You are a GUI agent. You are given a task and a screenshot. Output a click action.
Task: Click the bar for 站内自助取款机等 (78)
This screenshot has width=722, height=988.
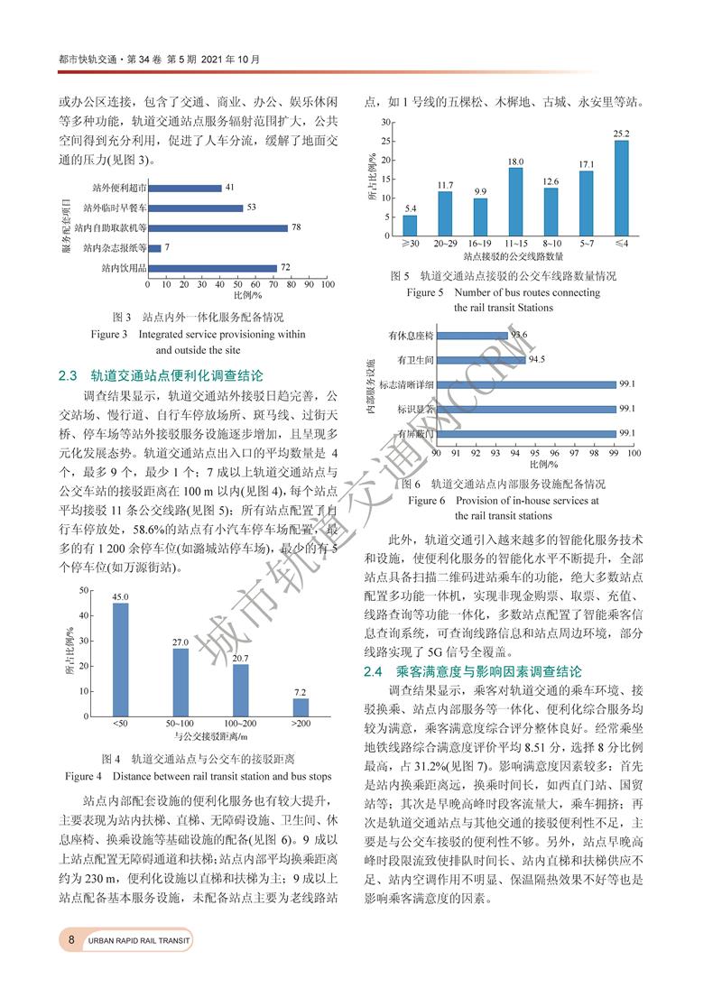pos(218,227)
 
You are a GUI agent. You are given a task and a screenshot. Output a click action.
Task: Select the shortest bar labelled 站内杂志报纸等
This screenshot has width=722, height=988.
pos(154,247)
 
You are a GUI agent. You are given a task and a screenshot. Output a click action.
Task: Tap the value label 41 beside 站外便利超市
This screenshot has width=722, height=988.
pos(230,188)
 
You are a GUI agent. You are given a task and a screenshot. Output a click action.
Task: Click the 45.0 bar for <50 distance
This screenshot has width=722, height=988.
pos(120,661)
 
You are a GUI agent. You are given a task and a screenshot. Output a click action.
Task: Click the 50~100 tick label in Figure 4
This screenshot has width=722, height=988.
pos(180,724)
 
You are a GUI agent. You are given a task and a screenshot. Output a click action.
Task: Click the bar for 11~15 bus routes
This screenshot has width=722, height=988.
pos(515,197)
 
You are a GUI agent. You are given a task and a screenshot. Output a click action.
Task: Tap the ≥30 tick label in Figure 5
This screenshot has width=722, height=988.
pos(410,243)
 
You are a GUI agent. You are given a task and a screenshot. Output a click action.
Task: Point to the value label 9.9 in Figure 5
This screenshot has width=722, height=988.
pos(480,192)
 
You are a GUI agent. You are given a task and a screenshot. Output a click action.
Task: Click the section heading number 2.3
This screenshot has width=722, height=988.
pos(69,374)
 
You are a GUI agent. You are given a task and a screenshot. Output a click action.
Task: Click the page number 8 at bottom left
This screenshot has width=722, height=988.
pos(70,940)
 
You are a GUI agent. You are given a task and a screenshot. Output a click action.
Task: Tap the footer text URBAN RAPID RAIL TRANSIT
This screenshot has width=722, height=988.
pos(140,941)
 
